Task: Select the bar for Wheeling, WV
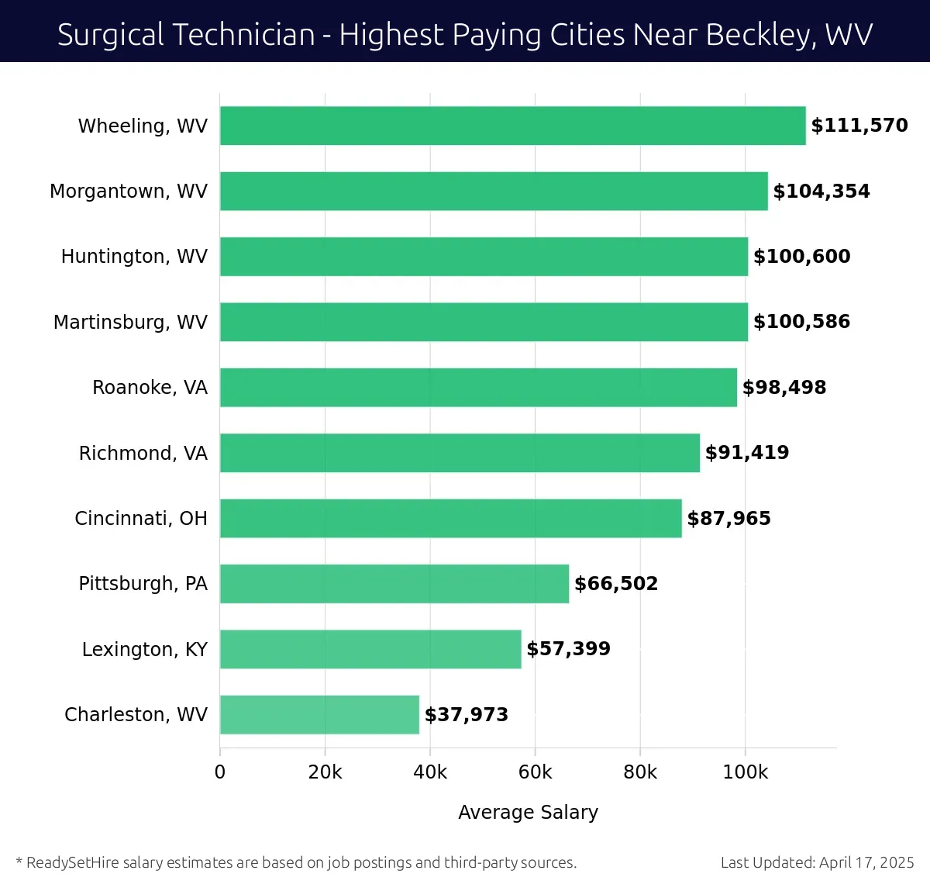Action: coord(512,126)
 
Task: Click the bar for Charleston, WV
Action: coord(319,714)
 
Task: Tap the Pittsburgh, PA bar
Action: coord(394,584)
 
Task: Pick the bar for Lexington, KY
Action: coord(370,649)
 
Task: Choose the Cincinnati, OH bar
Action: coord(450,518)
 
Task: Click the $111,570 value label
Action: coord(859,126)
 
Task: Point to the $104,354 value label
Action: coord(821,192)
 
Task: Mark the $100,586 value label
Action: coord(801,322)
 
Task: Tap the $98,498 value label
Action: coord(784,388)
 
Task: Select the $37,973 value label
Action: coord(466,715)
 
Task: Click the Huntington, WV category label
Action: coord(134,257)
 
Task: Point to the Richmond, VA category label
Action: coord(143,453)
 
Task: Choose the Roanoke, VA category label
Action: coord(150,388)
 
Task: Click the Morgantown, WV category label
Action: coord(129,192)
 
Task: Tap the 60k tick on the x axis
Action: coord(535,772)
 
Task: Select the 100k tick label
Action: coord(745,772)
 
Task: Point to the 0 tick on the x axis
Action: coord(220,772)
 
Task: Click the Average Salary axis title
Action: coord(528,812)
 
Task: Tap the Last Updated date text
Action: coord(817,862)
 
